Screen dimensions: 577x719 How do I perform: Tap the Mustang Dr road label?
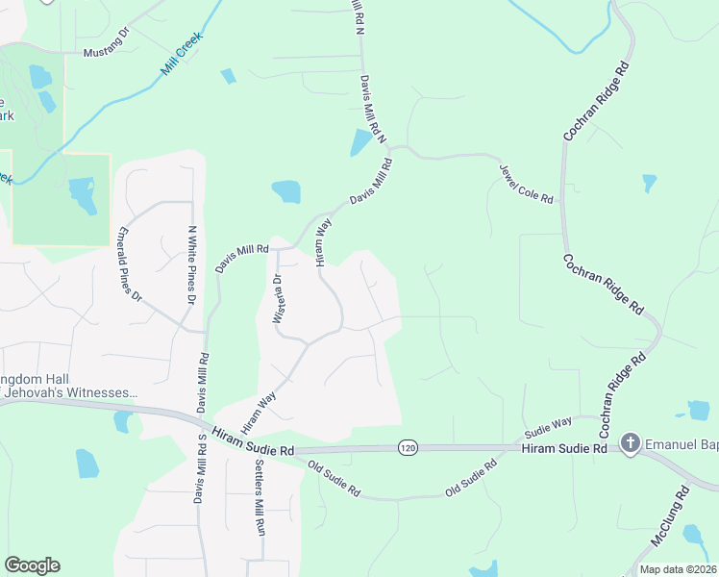[x=107, y=52]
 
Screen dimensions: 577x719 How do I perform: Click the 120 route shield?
[x=408, y=448]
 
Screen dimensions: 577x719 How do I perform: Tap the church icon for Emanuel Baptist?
[x=631, y=443]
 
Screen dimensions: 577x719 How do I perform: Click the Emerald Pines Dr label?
[x=129, y=264]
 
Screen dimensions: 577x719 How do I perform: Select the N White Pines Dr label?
[x=192, y=264]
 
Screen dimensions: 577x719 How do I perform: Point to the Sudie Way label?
[x=548, y=423]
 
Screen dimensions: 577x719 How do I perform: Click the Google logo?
[x=32, y=565]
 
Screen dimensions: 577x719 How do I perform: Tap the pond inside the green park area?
[x=82, y=194]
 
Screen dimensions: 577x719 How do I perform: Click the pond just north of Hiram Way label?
[x=286, y=191]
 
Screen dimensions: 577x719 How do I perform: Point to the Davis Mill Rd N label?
[x=371, y=111]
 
